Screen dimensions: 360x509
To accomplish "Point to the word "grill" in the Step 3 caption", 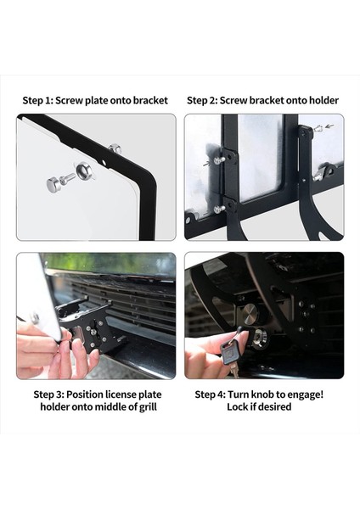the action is pos(148,407).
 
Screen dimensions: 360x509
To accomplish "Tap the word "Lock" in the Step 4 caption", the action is pos(237,406).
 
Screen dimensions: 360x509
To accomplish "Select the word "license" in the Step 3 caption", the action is pos(120,394).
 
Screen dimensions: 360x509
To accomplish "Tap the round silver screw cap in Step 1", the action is pos(53,184).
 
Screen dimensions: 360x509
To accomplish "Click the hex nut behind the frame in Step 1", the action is pos(115,149).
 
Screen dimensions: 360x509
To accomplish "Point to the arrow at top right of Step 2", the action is pos(329,126).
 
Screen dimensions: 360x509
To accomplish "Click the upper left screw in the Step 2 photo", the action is pos(217,159).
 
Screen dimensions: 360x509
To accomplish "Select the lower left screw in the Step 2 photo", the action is pos(219,209).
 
